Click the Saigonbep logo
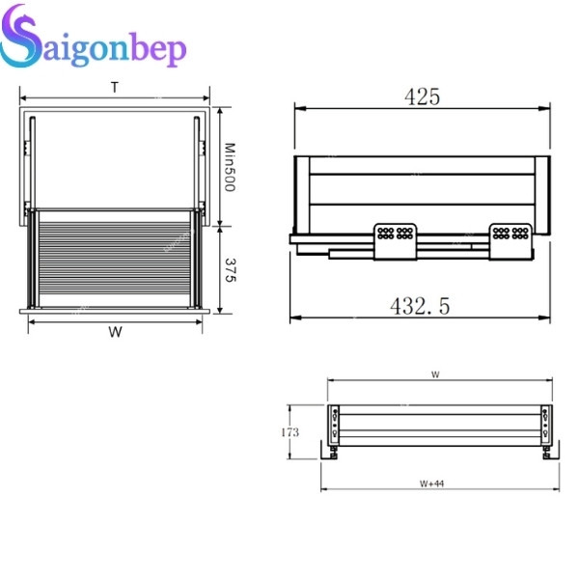click(x=93, y=37)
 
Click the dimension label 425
click(x=423, y=96)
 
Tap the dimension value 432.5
click(x=420, y=306)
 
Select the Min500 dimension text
click(x=230, y=167)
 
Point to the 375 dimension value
click(x=230, y=270)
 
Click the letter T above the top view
click(x=115, y=88)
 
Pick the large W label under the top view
click(x=115, y=332)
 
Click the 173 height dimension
click(x=289, y=432)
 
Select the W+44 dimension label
click(x=431, y=483)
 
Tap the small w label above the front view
click(x=436, y=374)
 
